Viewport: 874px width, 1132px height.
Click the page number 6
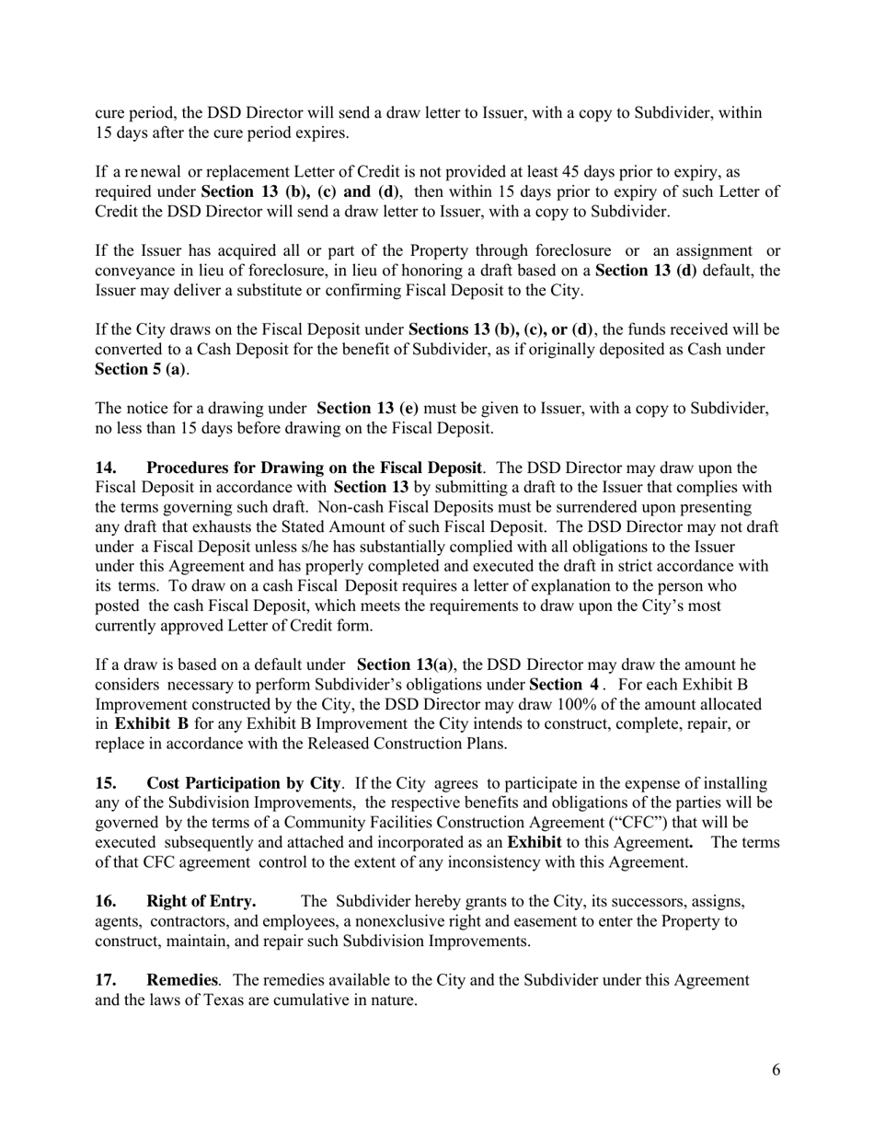click(x=776, y=1069)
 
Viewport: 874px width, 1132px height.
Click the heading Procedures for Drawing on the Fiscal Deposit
click(x=314, y=468)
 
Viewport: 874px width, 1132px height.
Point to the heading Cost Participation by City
click(x=244, y=783)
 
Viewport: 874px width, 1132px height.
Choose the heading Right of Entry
click(x=201, y=901)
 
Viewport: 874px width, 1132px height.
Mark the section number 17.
click(x=107, y=980)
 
